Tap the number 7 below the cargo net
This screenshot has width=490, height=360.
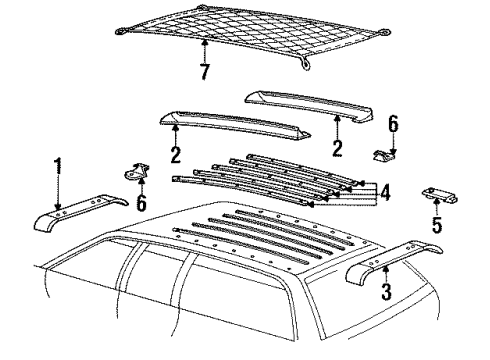pos(204,74)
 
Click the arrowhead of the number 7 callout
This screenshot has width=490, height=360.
pos(204,44)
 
